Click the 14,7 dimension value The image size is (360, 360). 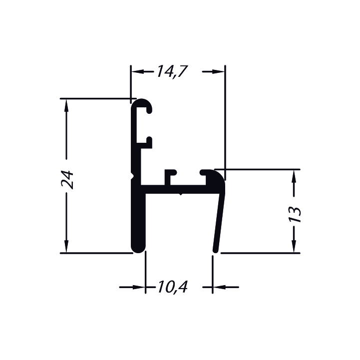pyautogui.click(x=172, y=71)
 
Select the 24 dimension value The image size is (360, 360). pyautogui.click(x=67, y=180)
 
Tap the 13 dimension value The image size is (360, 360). pyautogui.click(x=295, y=214)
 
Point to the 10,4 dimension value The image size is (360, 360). pyautogui.click(x=173, y=287)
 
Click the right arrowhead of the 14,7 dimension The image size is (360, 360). pyautogui.click(x=218, y=71)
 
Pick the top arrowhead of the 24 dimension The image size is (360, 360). pyautogui.click(x=66, y=106)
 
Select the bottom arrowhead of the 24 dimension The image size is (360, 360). pyautogui.click(x=66, y=246)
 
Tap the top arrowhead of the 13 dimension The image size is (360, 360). pyautogui.click(x=294, y=176)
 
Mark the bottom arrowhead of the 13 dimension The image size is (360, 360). pyautogui.click(x=294, y=246)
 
